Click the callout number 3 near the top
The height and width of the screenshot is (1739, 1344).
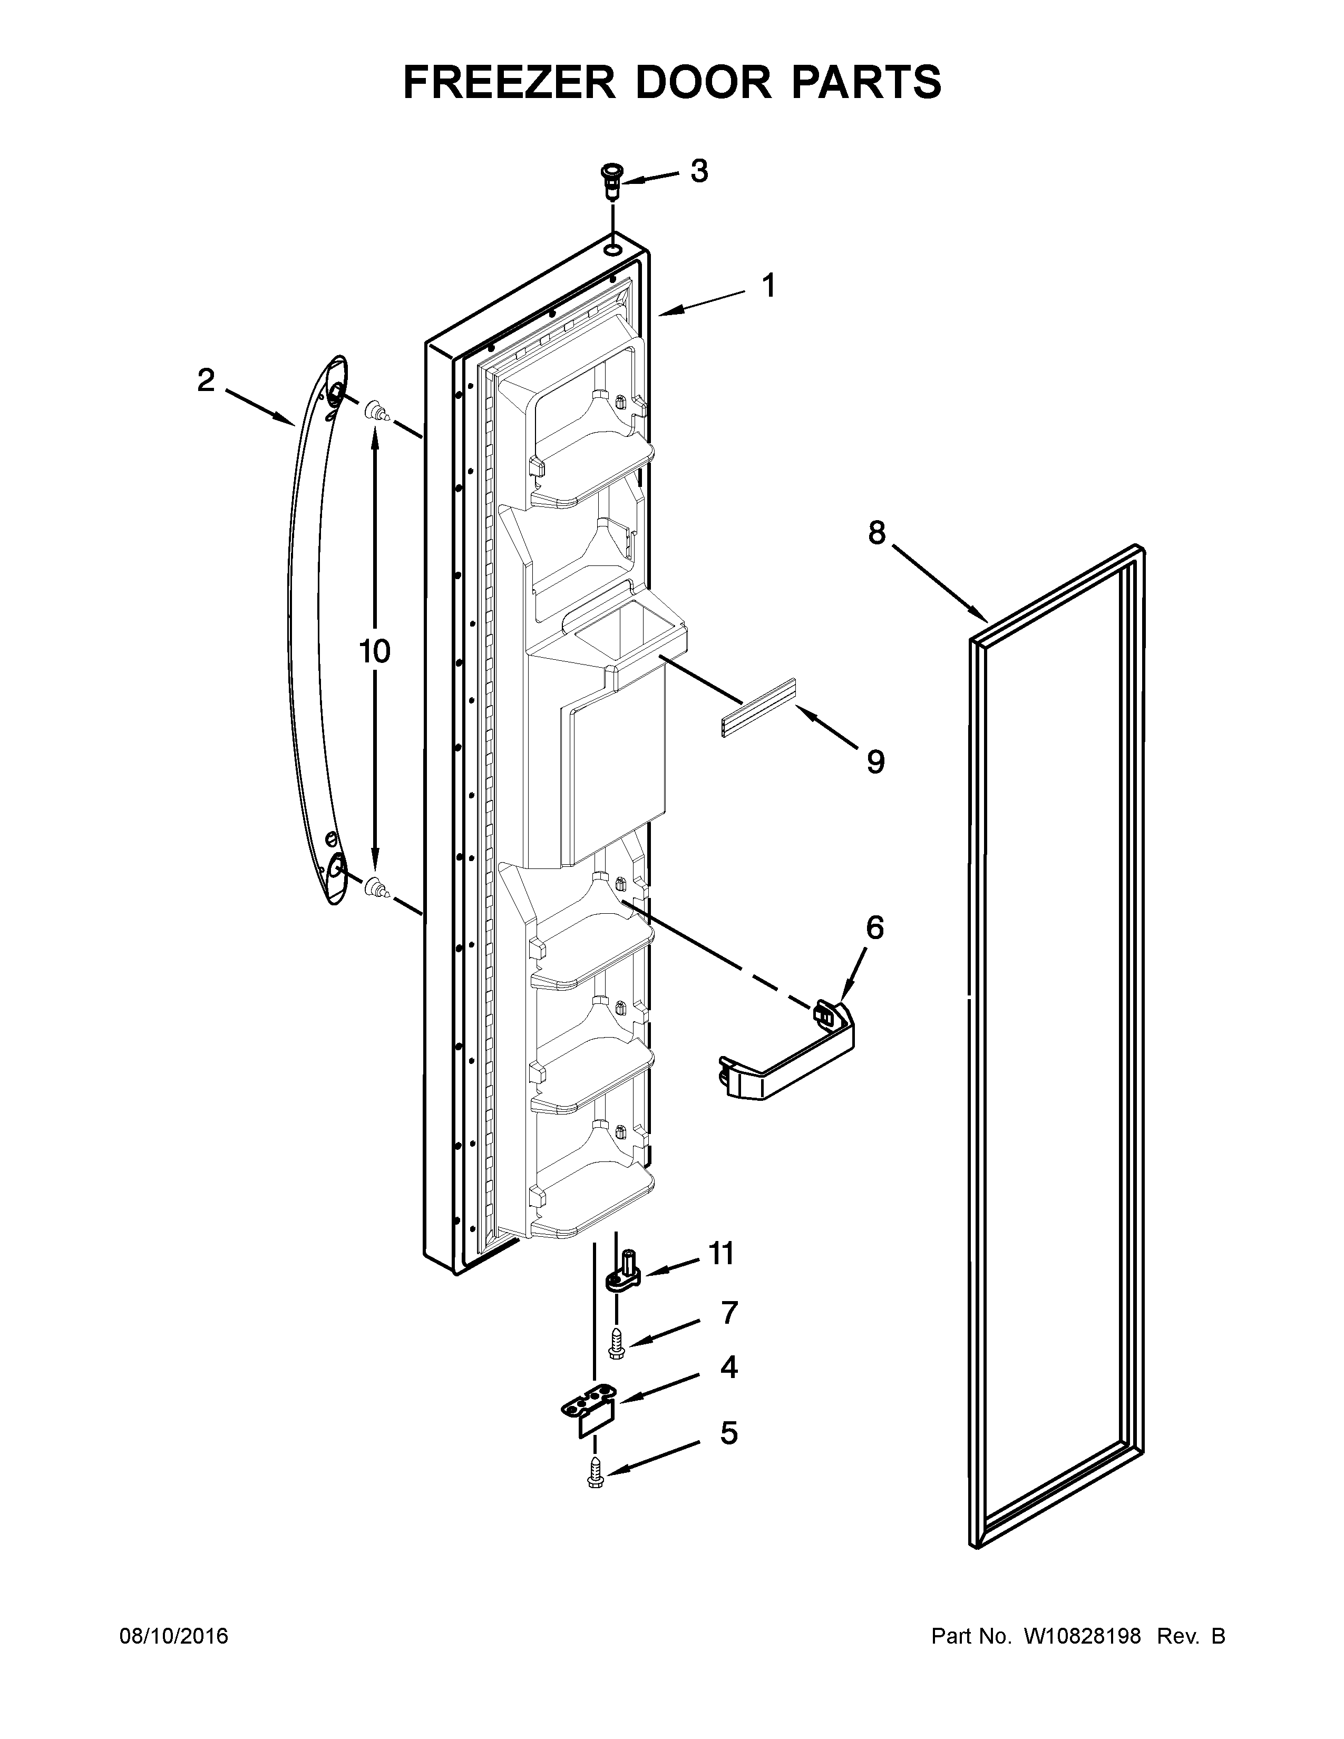[699, 171]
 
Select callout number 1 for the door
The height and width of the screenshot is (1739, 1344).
[768, 285]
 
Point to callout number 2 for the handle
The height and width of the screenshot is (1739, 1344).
[206, 380]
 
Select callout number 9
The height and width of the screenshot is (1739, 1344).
[875, 762]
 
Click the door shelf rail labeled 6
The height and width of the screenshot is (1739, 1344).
[788, 1059]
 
